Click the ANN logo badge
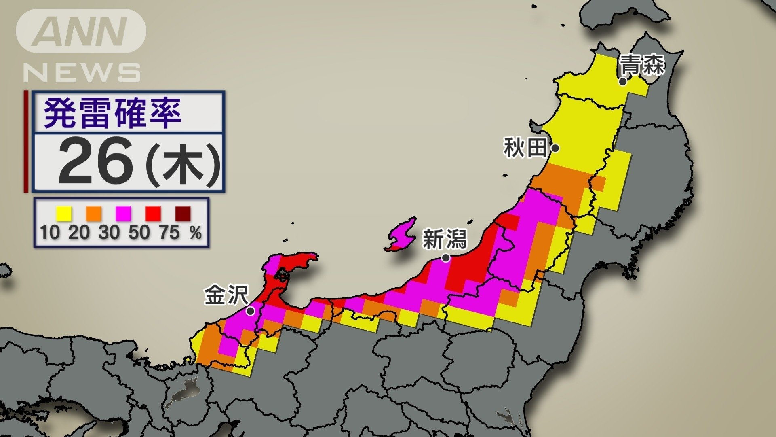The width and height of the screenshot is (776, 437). [81, 31]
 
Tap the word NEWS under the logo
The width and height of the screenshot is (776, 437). [82, 73]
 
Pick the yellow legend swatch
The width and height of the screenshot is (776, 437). [64, 213]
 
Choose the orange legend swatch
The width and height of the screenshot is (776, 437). [93, 213]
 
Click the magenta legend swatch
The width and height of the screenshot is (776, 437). [123, 213]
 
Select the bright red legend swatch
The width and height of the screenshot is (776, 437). [153, 213]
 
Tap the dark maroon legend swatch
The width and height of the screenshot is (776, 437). [183, 213]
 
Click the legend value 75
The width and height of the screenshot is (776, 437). [169, 233]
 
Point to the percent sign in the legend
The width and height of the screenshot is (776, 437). [196, 233]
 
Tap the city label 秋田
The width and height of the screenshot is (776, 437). [525, 147]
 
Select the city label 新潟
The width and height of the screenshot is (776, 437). [445, 239]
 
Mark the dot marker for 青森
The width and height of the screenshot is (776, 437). [623, 82]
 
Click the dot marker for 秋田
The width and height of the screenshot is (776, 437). [555, 148]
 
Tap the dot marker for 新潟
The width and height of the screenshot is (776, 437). [445, 258]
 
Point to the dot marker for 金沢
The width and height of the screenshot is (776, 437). [250, 311]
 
